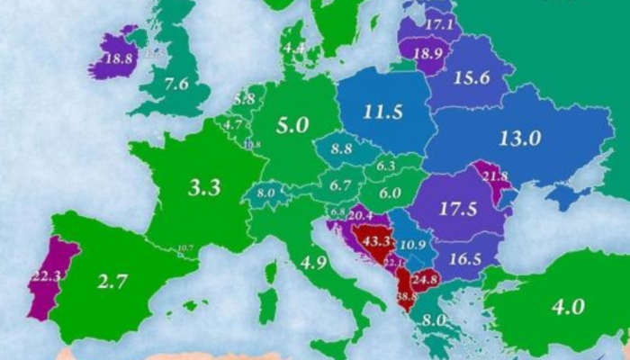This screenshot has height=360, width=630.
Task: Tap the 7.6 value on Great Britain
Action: [177, 85]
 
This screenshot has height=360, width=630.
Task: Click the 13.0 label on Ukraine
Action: [520, 139]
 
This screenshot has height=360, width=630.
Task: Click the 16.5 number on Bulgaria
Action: [466, 258]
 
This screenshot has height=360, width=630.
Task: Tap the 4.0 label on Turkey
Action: [569, 306]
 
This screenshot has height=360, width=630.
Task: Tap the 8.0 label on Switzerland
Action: [265, 192]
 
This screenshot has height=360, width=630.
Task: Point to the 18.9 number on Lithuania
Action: [426, 53]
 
